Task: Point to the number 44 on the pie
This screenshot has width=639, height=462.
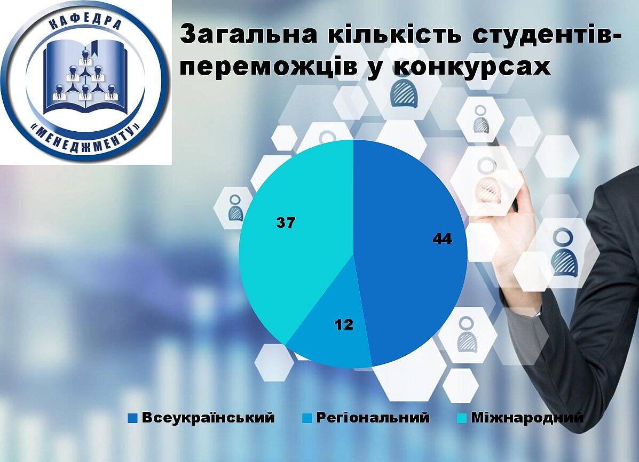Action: [x=443, y=239]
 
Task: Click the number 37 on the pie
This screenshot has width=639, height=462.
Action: [x=286, y=223]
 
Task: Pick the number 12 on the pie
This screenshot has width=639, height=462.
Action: [x=344, y=325]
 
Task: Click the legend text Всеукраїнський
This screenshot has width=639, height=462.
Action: [x=208, y=418]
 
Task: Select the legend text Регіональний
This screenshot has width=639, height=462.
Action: [x=373, y=418]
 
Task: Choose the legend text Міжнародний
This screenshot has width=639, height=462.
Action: [x=527, y=418]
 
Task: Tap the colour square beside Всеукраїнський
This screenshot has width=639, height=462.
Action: [x=132, y=418]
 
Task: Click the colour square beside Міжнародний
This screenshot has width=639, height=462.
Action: [x=462, y=418]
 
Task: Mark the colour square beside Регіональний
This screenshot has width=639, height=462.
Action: [x=307, y=418]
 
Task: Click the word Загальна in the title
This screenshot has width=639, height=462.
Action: [x=249, y=35]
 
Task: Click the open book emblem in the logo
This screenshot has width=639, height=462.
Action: [x=85, y=77]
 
